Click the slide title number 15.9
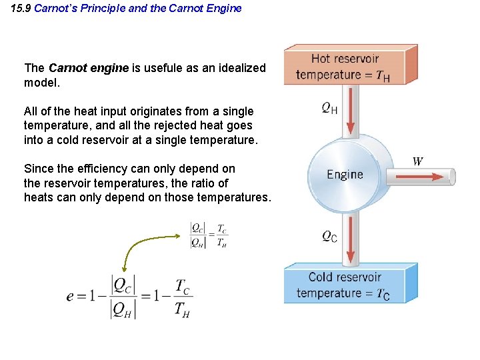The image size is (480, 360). coord(21,9)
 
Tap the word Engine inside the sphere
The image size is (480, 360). coord(345,175)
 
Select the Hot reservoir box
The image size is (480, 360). coord(349,66)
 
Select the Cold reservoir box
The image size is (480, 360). coord(349,285)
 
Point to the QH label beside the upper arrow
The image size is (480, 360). coord(329,107)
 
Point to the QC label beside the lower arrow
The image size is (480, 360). coord(329,236)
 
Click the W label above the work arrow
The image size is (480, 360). coord(418,161)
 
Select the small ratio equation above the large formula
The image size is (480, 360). coord(209,234)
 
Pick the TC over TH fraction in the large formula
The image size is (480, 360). coord(181,297)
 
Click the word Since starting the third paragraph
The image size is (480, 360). coord(37,169)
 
